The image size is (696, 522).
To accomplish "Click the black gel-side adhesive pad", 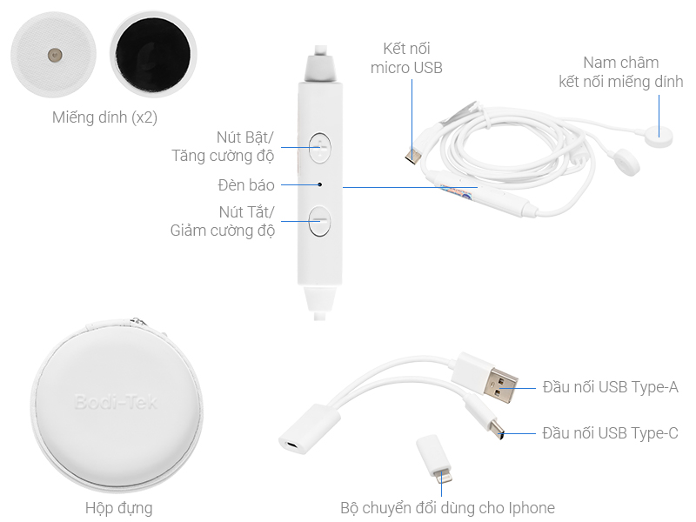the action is pyautogui.click(x=153, y=54).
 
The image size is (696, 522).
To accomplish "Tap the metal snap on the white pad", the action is pyautogui.click(x=55, y=55).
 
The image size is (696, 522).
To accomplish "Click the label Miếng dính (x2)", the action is pyautogui.click(x=104, y=117).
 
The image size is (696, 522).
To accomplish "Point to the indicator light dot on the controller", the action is pyautogui.click(x=319, y=184).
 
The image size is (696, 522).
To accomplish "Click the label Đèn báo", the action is pyautogui.click(x=246, y=185).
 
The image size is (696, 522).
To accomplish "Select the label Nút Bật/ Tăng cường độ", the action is pyautogui.click(x=223, y=146).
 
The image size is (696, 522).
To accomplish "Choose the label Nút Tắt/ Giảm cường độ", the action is pyautogui.click(x=223, y=221).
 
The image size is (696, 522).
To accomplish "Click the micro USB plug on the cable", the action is pyautogui.click(x=412, y=156).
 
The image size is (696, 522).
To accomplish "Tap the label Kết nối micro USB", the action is pyautogui.click(x=406, y=58).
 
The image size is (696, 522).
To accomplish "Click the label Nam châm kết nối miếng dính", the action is pyautogui.click(x=620, y=72).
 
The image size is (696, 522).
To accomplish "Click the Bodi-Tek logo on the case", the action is pyautogui.click(x=116, y=402).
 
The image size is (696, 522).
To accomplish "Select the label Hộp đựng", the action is pyautogui.click(x=119, y=508).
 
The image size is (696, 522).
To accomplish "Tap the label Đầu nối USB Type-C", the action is pyautogui.click(x=611, y=432).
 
